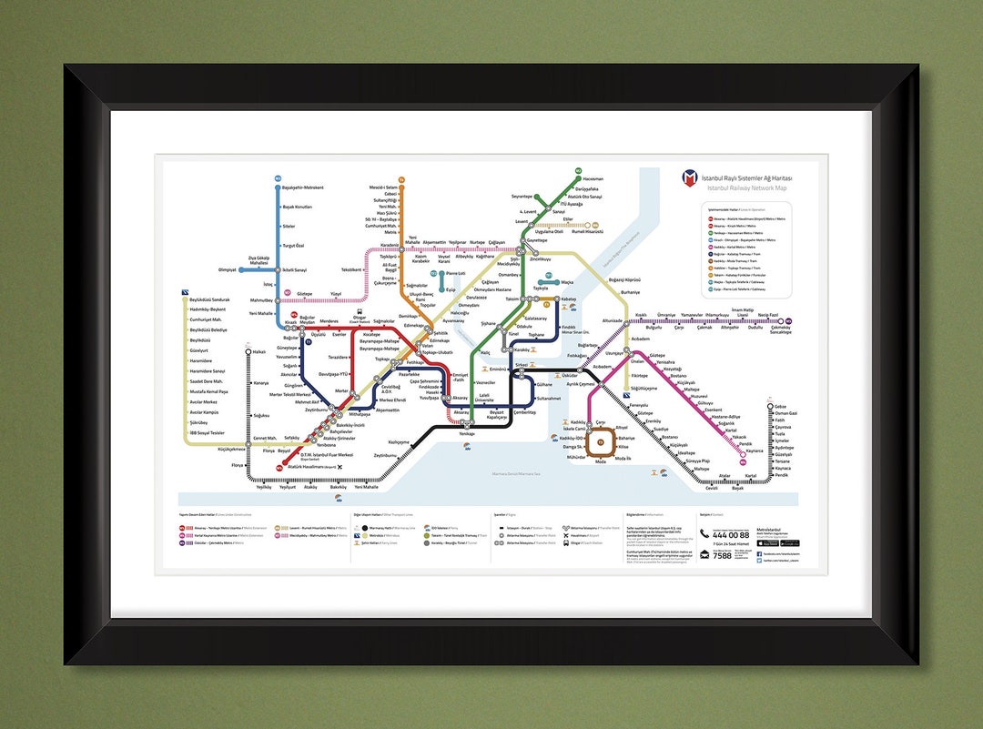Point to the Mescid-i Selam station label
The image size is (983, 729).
383,187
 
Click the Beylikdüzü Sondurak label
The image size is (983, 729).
209,299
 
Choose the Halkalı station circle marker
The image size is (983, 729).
248,351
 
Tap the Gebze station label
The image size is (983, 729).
780,406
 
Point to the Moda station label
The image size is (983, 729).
600,461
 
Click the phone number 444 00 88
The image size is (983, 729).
732,533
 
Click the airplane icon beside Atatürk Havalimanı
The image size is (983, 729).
340,467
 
